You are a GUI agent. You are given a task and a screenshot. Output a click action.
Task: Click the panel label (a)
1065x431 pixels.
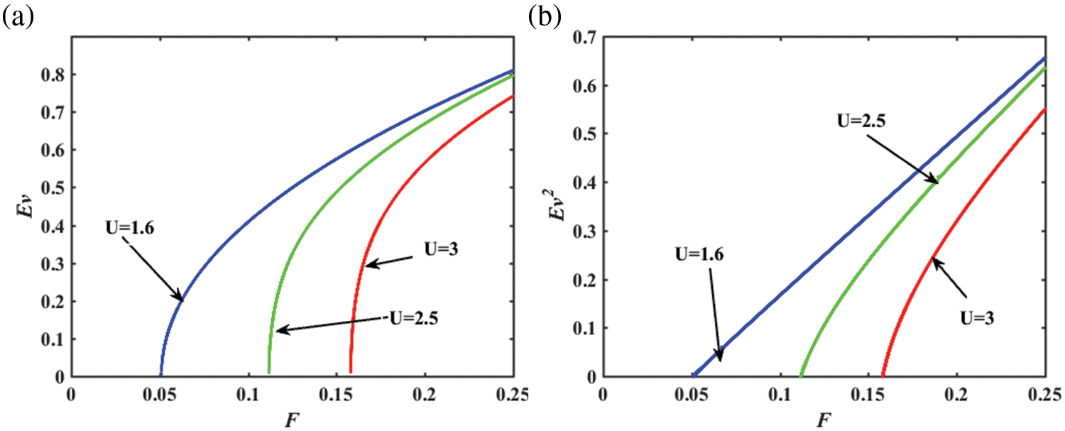tap(18, 18)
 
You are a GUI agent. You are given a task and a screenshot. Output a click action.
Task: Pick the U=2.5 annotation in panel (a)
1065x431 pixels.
tap(413, 317)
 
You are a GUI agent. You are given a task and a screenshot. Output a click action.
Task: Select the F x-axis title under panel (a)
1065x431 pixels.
tap(291, 417)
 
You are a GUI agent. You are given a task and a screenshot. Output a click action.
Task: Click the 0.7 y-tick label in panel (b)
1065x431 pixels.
tap(584, 38)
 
